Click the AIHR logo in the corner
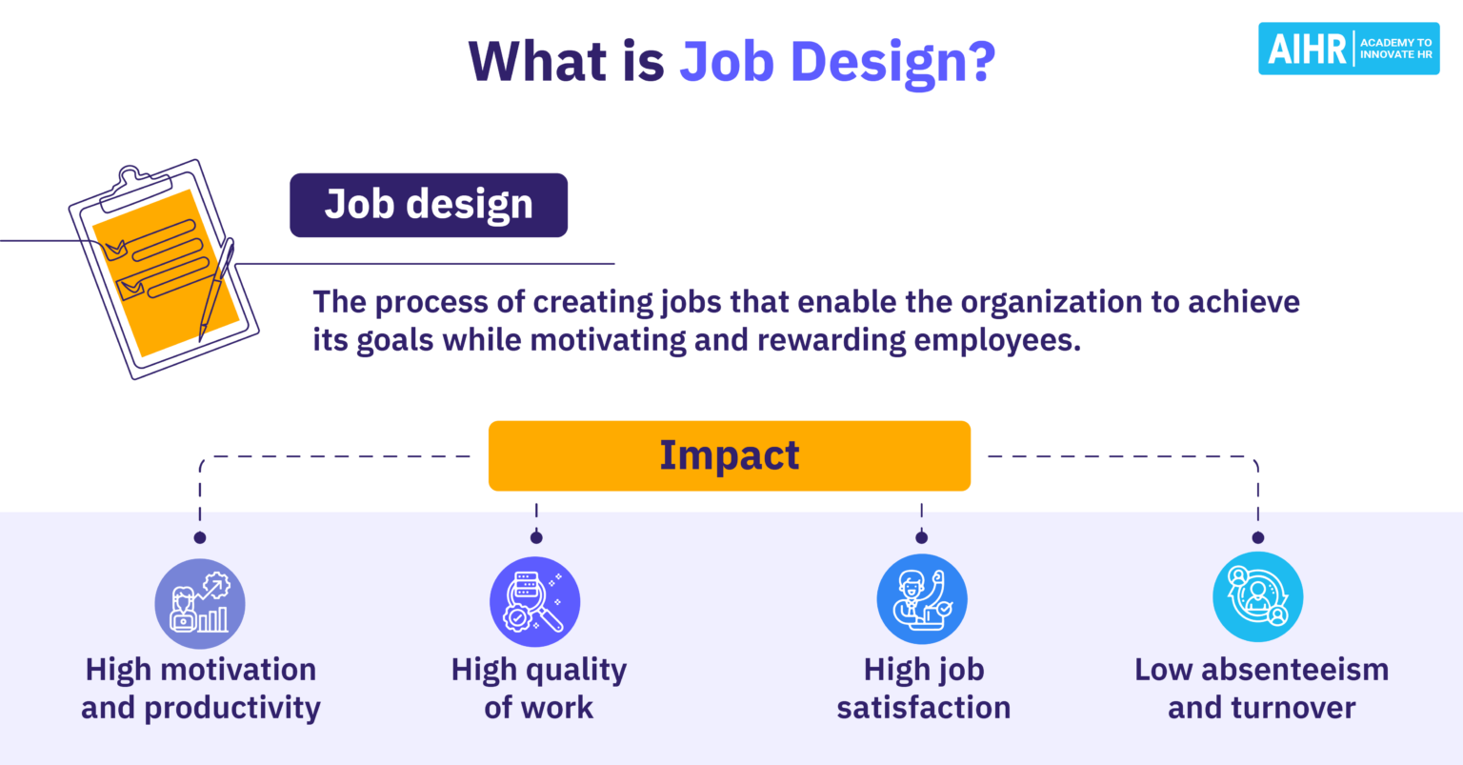(1348, 49)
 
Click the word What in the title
(538, 62)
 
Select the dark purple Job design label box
(429, 205)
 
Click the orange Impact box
(730, 456)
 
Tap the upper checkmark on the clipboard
(114, 250)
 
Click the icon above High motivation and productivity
(200, 604)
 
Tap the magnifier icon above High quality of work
(535, 602)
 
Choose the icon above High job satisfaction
(922, 600)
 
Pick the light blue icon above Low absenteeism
(1257, 597)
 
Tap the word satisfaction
(923, 708)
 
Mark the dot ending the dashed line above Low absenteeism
(1257, 538)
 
